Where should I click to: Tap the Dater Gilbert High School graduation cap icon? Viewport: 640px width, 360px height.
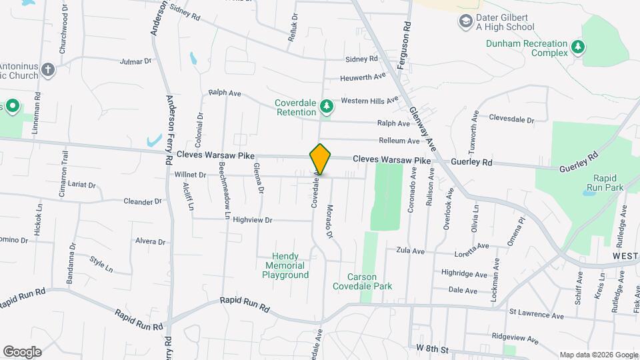465,21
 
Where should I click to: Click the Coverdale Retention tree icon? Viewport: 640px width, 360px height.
326,106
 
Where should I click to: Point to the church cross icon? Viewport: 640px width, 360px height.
47,69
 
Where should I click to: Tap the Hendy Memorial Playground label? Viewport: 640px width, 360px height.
285,265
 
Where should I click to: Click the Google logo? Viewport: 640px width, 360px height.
22,351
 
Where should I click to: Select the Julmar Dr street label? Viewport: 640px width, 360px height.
136,62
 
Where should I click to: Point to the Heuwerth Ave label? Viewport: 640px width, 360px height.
363,77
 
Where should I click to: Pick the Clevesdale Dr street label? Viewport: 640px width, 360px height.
511,119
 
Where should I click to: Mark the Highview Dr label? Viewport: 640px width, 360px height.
253,219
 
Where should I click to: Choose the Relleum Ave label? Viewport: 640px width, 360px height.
399,141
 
